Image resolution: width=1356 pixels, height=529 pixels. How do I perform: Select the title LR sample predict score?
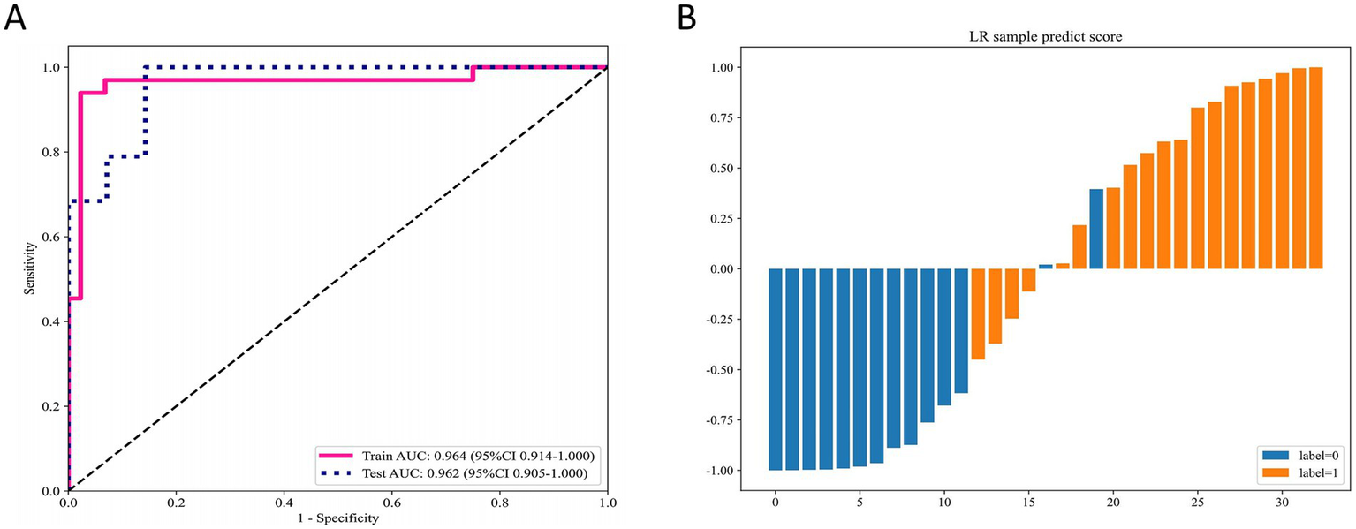tap(1047, 36)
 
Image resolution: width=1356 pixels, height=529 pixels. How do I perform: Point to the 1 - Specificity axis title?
tap(337, 518)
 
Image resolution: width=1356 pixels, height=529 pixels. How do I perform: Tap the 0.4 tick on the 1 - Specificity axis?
tap(284, 502)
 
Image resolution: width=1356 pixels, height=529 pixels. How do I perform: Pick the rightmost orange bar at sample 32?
tap(1315, 168)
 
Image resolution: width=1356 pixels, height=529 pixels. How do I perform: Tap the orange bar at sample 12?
tap(978, 314)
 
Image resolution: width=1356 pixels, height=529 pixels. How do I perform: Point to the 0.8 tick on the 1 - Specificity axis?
tap(500, 502)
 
